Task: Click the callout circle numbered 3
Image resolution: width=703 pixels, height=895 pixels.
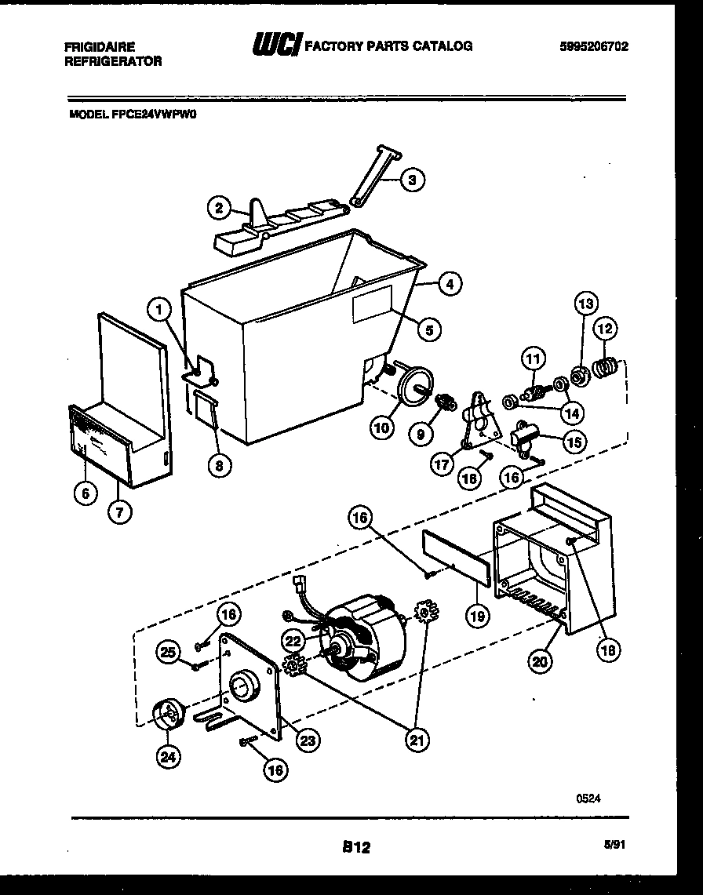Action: tap(411, 180)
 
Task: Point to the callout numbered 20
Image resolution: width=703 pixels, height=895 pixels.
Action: tap(538, 662)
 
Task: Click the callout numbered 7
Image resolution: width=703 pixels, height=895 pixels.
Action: tap(121, 513)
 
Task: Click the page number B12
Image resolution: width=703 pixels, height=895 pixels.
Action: tap(355, 847)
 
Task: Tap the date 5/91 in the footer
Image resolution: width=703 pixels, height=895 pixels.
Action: tap(617, 846)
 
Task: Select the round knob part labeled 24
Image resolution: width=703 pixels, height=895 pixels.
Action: tap(168, 715)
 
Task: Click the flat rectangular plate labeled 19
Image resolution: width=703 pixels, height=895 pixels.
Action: tap(456, 556)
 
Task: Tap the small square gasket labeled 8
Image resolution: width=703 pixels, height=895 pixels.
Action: tap(204, 409)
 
